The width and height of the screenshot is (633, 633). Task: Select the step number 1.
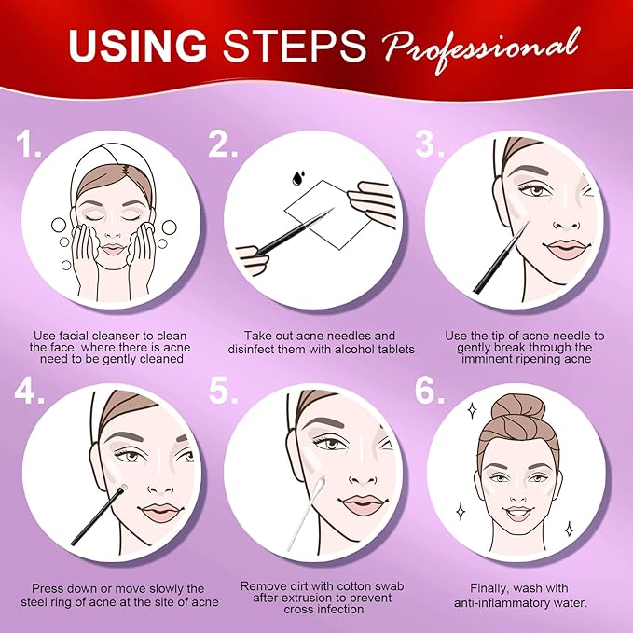click(x=28, y=144)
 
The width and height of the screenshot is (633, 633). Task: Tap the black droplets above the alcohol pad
click(x=298, y=177)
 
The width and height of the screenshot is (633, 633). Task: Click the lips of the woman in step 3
click(x=564, y=249)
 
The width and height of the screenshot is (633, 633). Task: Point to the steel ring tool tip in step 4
click(x=123, y=488)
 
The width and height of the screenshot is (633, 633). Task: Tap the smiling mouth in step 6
click(x=518, y=513)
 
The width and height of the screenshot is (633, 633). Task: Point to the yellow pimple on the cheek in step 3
click(x=527, y=222)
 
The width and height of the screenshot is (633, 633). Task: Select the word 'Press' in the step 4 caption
click(x=48, y=588)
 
